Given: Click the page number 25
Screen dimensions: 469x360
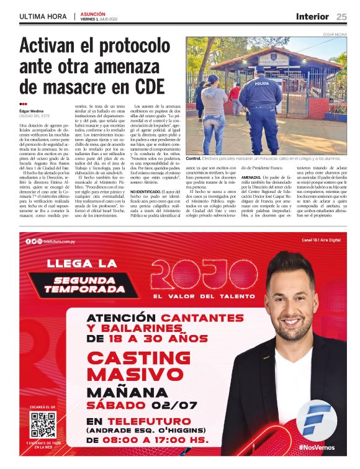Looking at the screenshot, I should [x=341, y=16].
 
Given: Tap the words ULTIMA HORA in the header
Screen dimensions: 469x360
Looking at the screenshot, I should [x=43, y=16].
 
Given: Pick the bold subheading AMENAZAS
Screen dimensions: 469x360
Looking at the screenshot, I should [x=251, y=177].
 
